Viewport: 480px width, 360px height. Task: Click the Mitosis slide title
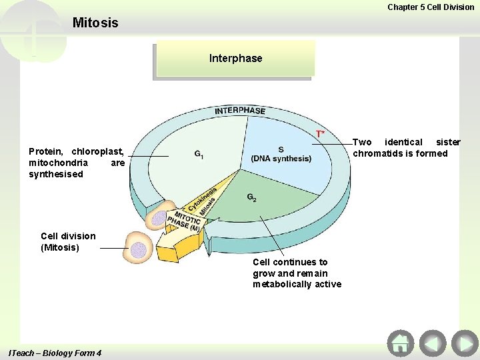coord(95,23)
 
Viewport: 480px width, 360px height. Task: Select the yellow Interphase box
coord(235,59)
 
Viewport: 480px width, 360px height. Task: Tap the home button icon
coord(400,343)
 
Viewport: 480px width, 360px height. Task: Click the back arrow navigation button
coord(433,343)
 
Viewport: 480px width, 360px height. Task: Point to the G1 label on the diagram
coord(199,155)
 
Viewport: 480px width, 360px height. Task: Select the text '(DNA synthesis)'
coord(281,159)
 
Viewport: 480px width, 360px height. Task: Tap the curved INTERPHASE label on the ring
coord(240,110)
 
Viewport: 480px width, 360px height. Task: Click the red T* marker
coord(321,134)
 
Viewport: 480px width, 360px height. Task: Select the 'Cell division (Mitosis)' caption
coord(68,241)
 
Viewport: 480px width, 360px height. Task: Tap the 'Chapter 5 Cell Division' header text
coord(431,7)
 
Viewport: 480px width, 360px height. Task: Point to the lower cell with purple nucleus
coord(138,249)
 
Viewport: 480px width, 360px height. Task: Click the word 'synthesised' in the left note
coord(56,174)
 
